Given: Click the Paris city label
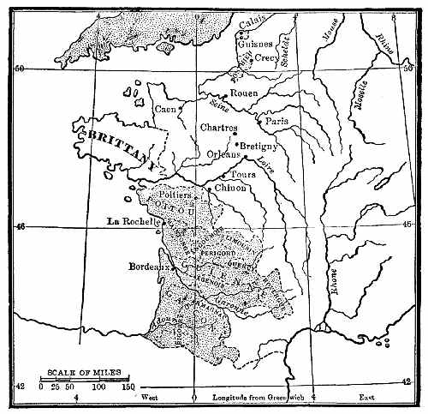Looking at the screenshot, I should pyautogui.click(x=277, y=122).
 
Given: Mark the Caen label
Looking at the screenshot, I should pyautogui.click(x=165, y=110).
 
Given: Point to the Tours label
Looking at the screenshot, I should pyautogui.click(x=244, y=175).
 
